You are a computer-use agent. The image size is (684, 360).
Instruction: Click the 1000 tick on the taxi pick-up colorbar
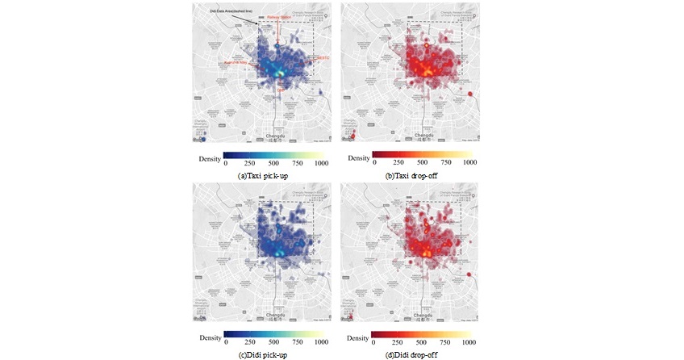321,163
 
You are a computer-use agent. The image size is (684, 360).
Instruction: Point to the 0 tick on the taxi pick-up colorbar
226,163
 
